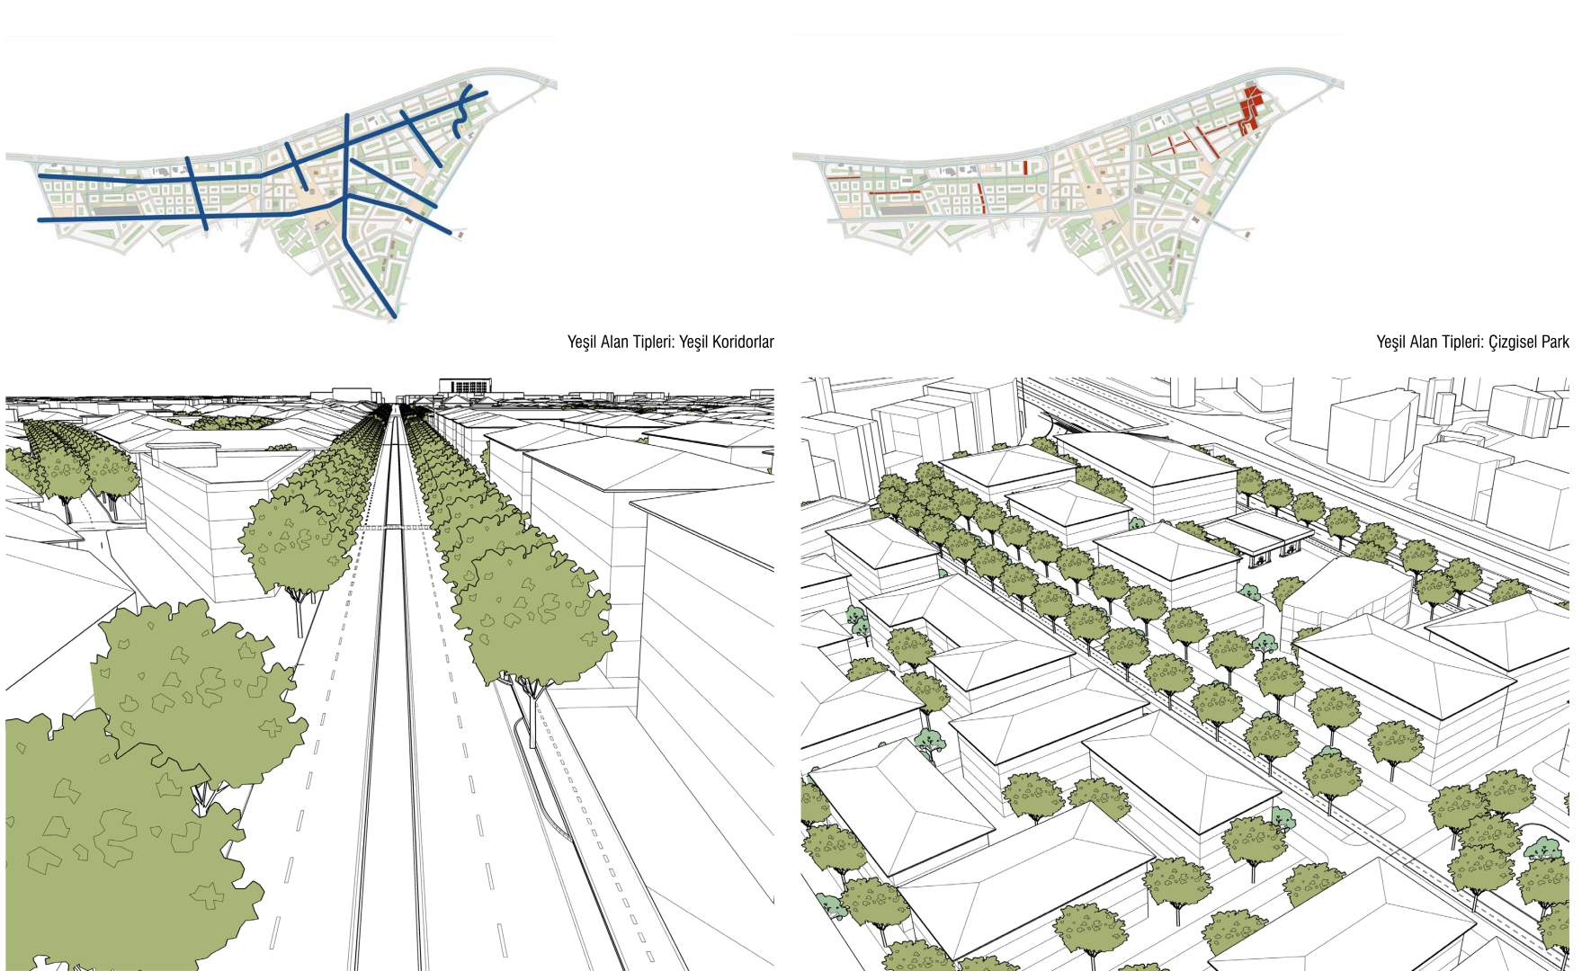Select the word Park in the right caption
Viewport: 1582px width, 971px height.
(1556, 342)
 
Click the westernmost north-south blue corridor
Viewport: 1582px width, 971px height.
(197, 192)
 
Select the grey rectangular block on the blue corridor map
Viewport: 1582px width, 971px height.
(116, 210)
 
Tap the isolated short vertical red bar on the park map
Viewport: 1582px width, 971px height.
(1024, 167)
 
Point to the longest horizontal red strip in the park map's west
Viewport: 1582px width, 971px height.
(893, 194)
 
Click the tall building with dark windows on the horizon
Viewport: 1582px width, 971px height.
(465, 385)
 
